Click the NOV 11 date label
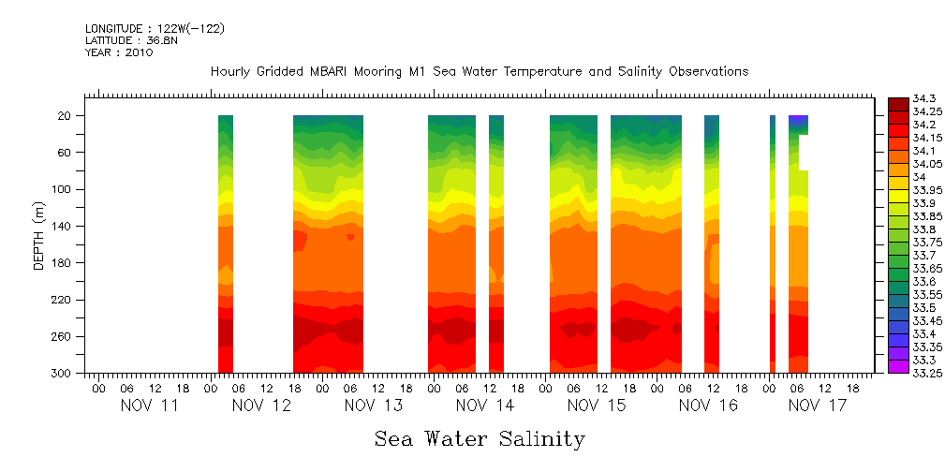[149, 406]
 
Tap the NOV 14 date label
[485, 406]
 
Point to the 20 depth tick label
[65, 116]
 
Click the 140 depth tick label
[61, 227]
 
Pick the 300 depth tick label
[61, 374]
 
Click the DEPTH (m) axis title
[39, 239]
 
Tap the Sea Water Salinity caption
[480, 439]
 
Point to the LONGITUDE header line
[155, 29]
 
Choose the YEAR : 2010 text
[119, 53]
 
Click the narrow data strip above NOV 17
[772, 243]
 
